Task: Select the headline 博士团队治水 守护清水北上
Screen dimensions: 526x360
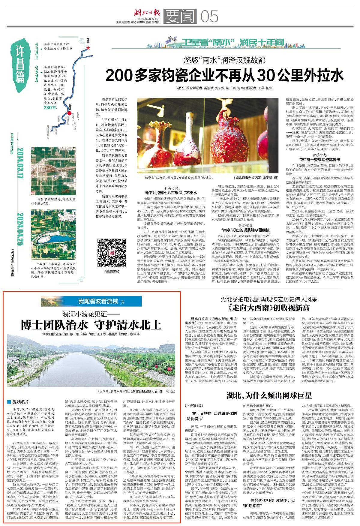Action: click(91, 324)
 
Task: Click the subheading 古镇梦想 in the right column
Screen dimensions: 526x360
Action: click(320, 155)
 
